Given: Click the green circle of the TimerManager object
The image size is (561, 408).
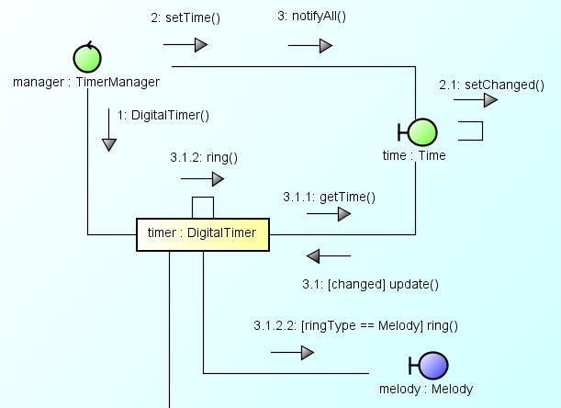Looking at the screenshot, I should (x=86, y=59).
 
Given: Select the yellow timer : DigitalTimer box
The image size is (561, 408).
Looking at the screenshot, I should (x=202, y=233).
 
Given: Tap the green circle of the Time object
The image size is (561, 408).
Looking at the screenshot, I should (x=422, y=132).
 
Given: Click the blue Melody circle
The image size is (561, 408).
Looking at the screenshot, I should (x=433, y=367).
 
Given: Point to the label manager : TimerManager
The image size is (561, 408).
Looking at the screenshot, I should (x=86, y=82).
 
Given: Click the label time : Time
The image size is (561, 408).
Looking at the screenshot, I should (x=414, y=155).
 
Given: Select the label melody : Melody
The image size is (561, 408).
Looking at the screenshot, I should (x=426, y=389).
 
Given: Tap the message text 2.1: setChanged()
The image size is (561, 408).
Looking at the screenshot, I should (x=491, y=85).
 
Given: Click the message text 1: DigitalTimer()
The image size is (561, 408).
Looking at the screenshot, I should (x=163, y=115).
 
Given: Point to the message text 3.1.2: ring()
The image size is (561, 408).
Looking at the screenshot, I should (x=204, y=157).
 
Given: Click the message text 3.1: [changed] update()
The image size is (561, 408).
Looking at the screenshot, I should (x=370, y=283).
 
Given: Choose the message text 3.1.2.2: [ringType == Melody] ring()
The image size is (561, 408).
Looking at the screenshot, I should (x=355, y=325).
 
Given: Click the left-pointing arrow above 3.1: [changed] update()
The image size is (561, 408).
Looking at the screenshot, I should (x=328, y=255).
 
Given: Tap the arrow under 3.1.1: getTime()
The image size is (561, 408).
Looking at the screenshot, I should (x=329, y=214).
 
